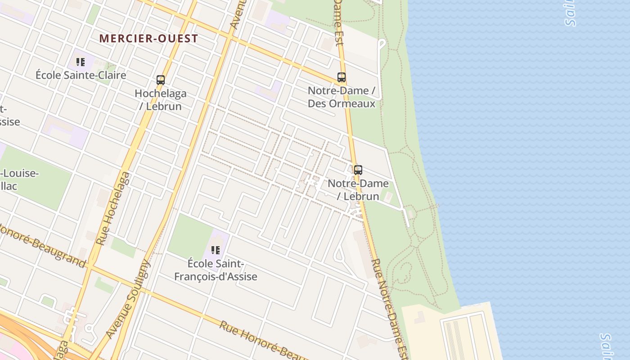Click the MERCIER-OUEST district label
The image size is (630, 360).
(x=148, y=38)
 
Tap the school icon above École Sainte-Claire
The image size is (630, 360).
(x=81, y=62)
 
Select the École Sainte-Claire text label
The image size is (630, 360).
(x=81, y=75)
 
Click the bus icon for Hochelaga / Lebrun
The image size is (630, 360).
(x=161, y=80)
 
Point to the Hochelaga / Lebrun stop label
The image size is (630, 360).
(x=161, y=100)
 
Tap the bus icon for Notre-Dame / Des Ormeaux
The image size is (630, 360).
(x=342, y=77)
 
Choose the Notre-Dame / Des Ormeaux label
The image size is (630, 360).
(x=342, y=97)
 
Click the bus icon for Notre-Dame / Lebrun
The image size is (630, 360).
(x=358, y=170)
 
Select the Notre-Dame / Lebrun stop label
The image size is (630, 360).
(x=358, y=189)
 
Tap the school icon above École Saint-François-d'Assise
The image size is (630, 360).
(x=216, y=250)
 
